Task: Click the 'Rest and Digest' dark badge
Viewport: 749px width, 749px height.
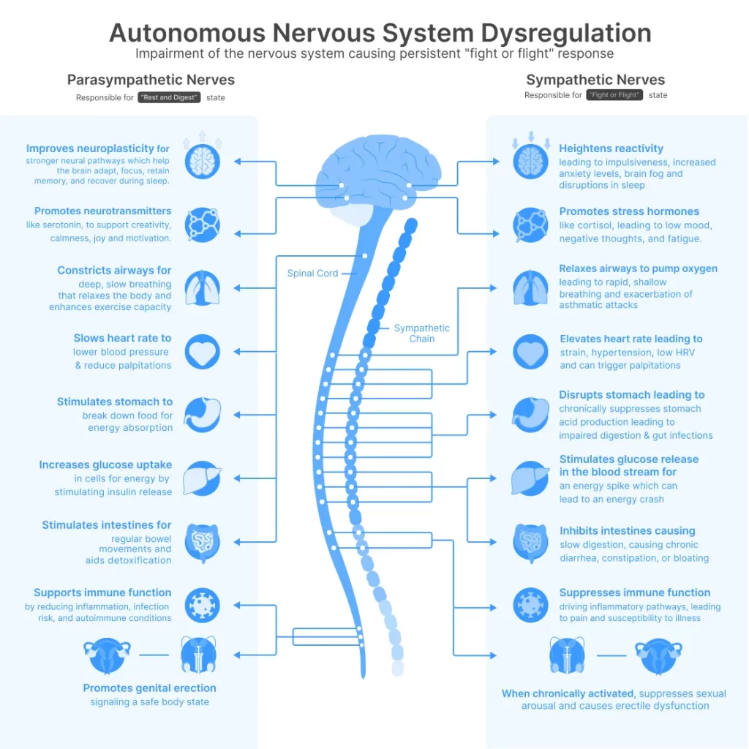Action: pyautogui.click(x=169, y=97)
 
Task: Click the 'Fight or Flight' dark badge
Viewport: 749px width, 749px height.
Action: pyautogui.click(x=614, y=95)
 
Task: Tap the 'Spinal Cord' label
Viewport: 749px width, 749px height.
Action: pyautogui.click(x=312, y=274)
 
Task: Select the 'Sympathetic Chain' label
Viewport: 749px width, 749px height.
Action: pyautogui.click(x=421, y=333)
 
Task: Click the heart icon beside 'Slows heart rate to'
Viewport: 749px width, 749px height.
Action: pyautogui.click(x=202, y=352)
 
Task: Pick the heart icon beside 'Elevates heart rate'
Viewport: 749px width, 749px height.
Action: pyautogui.click(x=531, y=352)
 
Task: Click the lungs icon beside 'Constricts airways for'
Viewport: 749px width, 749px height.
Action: pyautogui.click(x=202, y=287)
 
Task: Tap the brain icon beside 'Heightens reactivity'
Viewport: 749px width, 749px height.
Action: pyautogui.click(x=531, y=161)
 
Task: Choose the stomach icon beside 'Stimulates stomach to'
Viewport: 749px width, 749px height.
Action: pyautogui.click(x=202, y=415)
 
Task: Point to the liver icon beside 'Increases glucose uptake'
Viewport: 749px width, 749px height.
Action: pyautogui.click(x=202, y=478)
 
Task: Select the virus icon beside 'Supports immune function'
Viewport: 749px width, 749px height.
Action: pyautogui.click(x=202, y=605)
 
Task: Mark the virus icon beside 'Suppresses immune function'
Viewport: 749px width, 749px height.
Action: pyautogui.click(x=531, y=605)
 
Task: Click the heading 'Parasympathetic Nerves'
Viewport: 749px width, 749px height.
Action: pyautogui.click(x=151, y=80)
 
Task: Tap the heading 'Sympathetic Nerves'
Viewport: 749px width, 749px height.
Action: pyautogui.click(x=595, y=80)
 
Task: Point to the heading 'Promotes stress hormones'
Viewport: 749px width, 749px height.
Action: pyautogui.click(x=629, y=211)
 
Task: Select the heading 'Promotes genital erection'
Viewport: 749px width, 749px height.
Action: pyautogui.click(x=149, y=688)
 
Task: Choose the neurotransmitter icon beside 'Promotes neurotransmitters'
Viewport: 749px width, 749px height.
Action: pyautogui.click(x=202, y=225)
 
